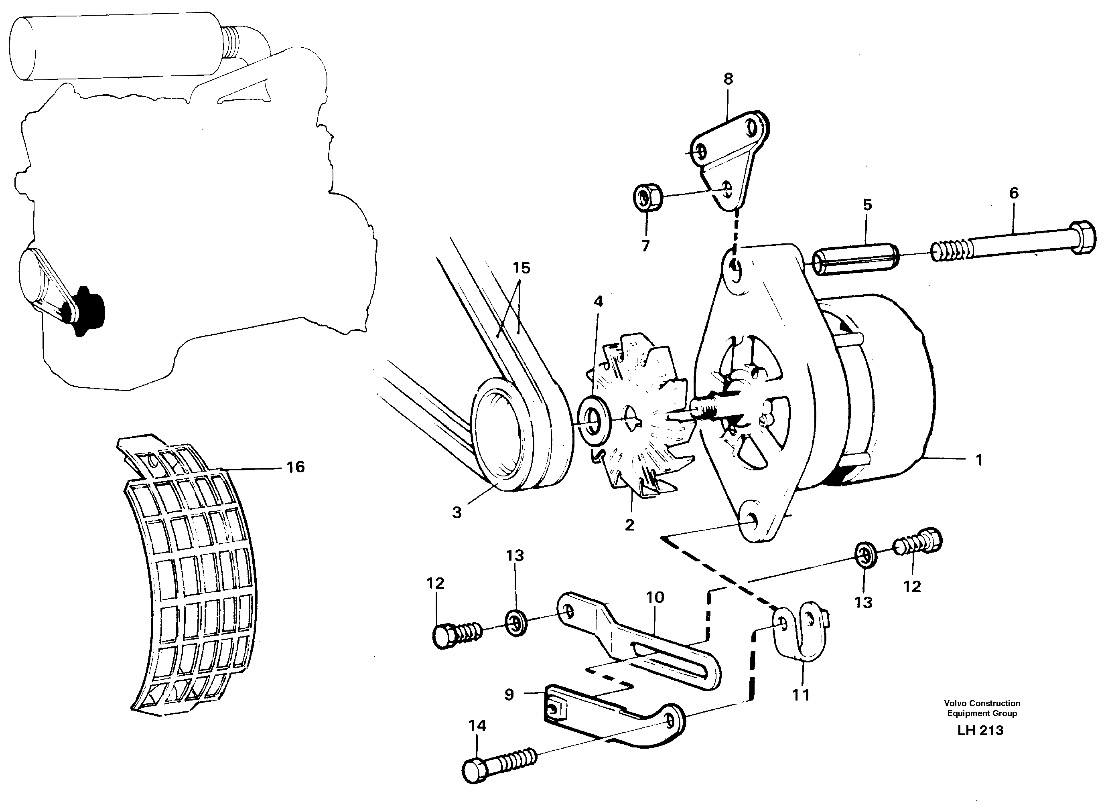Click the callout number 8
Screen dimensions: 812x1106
point(729,79)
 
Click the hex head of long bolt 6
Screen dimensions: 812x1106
point(1082,237)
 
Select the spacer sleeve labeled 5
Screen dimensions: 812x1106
point(855,262)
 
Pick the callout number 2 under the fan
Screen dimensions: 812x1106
point(629,525)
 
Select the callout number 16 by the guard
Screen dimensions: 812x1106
point(295,467)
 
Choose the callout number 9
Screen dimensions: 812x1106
point(509,695)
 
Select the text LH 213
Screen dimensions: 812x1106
point(980,731)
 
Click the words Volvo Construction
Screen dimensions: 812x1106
point(982,703)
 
